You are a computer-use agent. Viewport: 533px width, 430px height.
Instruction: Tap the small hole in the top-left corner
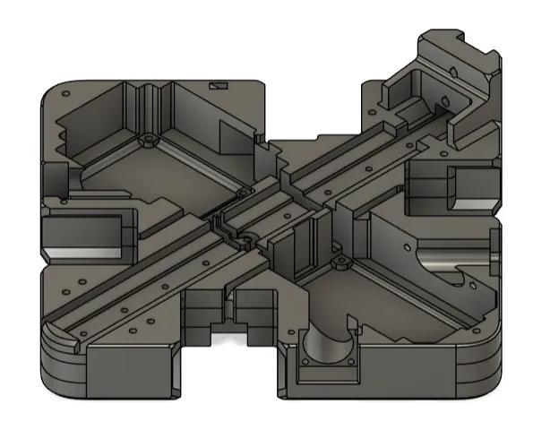tap(65, 96)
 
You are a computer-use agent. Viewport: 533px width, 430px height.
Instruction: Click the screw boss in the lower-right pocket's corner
tap(340, 263)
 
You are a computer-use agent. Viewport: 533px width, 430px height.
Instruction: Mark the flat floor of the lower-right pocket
tap(394, 305)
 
